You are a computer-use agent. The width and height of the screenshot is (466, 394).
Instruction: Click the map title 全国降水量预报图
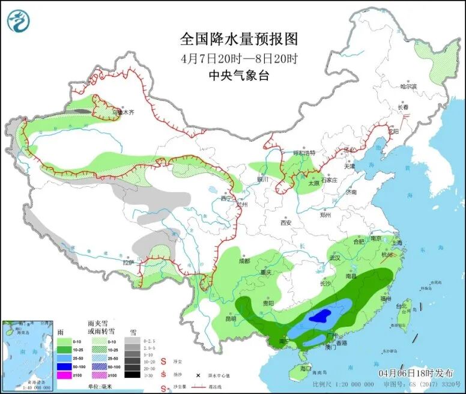click(x=239, y=40)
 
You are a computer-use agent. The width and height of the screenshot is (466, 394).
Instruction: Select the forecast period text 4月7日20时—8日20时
click(x=239, y=59)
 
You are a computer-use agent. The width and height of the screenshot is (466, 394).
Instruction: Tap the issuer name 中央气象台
click(x=239, y=76)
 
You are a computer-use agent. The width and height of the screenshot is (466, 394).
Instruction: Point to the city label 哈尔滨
click(x=408, y=86)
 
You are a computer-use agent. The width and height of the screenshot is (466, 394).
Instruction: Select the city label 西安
click(x=286, y=223)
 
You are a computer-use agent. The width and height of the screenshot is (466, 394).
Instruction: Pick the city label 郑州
click(x=326, y=214)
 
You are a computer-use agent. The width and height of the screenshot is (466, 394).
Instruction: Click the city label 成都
click(x=243, y=261)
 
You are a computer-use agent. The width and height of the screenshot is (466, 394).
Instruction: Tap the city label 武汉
click(x=334, y=258)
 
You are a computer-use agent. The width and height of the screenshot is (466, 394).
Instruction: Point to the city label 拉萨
click(x=129, y=262)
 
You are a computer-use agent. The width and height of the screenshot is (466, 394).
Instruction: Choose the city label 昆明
click(x=231, y=318)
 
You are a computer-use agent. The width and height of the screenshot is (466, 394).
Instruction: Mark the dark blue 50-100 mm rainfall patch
click(x=323, y=314)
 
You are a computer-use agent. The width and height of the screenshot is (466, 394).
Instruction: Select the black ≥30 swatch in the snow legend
click(x=132, y=374)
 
